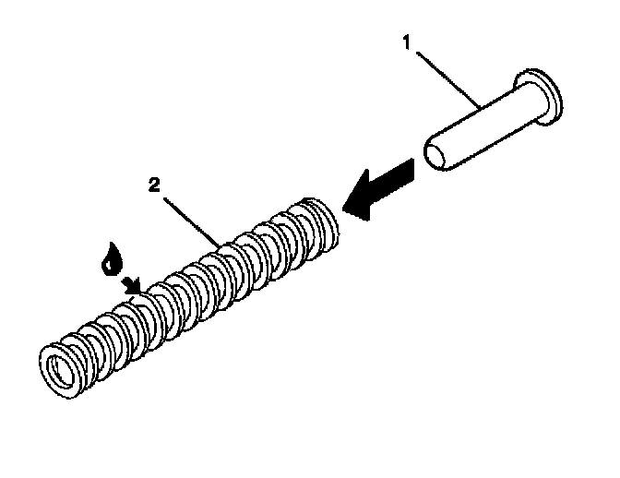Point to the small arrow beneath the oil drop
(133, 285)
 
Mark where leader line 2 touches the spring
(221, 245)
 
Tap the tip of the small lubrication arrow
(140, 293)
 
